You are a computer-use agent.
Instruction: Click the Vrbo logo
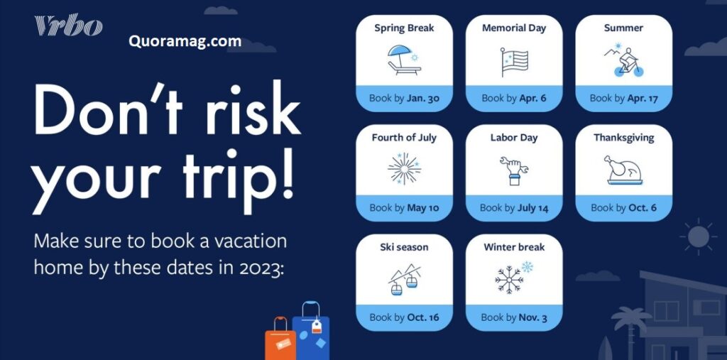point(68,26)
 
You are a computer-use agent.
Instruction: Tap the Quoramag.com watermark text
point(185,41)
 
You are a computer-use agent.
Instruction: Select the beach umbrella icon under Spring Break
point(404,60)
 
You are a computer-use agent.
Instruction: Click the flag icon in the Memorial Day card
point(514,62)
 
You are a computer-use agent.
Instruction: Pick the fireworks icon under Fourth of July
point(404,169)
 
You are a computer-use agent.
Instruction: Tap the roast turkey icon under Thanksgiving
point(623,170)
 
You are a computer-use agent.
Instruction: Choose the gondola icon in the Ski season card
point(404,280)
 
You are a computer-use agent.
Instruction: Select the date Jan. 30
point(423,99)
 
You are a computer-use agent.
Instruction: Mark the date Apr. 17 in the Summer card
point(643,99)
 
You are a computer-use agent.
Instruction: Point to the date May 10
point(423,208)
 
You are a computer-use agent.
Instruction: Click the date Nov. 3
point(533,318)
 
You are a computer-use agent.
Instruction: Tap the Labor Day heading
point(514,138)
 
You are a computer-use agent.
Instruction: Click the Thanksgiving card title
point(623,138)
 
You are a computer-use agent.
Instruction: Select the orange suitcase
point(280,339)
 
